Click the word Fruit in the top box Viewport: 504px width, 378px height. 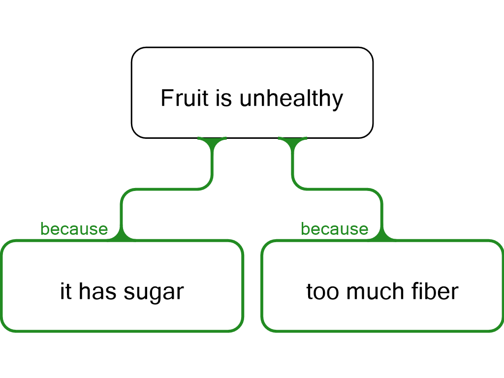point(185,98)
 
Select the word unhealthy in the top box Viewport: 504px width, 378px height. point(291,99)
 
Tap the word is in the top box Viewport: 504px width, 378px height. point(224,98)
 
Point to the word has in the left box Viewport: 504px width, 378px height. point(97,291)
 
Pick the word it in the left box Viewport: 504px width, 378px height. point(66,291)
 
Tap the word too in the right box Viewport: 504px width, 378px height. point(322,292)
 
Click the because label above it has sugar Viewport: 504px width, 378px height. point(74,229)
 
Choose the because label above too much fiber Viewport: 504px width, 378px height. point(334,229)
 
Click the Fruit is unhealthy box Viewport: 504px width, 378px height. point(252,93)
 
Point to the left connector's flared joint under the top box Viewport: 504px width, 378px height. point(212,141)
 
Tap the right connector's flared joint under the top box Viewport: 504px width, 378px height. point(292,141)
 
